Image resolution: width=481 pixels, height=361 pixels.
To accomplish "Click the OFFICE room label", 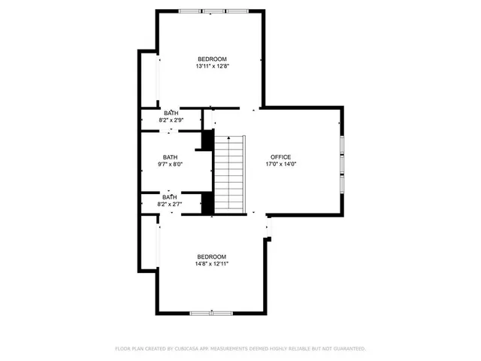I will [x=280, y=156].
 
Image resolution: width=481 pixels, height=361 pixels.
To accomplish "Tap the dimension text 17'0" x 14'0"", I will [x=280, y=164].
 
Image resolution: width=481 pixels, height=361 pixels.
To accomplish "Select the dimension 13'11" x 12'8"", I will [x=212, y=66].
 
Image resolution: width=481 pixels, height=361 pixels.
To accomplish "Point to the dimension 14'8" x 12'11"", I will [x=212, y=264].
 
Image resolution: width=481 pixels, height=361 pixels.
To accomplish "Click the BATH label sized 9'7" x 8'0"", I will [x=171, y=157].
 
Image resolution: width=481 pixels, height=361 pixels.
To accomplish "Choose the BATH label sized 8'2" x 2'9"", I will [x=171, y=114].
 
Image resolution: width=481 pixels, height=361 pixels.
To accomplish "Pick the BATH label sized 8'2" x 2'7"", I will [x=171, y=197].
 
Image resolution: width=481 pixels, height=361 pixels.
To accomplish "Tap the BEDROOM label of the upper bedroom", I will [x=212, y=59].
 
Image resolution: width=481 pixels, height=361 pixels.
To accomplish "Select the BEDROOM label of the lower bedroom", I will [x=212, y=256].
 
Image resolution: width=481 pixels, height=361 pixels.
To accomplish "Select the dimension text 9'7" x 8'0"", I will [x=171, y=165].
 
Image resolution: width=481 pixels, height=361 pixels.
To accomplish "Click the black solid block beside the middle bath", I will [x=206, y=141].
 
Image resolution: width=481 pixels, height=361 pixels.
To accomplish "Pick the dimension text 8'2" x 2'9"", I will [x=171, y=120].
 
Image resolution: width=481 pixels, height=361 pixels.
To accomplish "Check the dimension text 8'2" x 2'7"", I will [x=171, y=204].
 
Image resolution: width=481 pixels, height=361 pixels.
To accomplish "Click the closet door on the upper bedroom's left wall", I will [x=157, y=79].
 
